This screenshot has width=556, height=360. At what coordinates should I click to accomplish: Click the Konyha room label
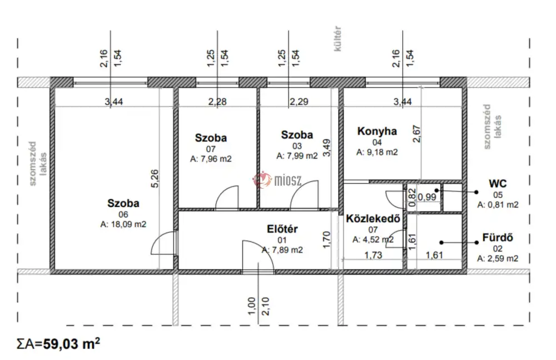tap(377, 131)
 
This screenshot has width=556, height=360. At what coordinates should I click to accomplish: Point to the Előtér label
tap(282, 229)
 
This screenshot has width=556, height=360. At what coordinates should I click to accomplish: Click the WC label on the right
tap(498, 184)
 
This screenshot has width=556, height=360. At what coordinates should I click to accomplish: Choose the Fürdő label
tap(498, 238)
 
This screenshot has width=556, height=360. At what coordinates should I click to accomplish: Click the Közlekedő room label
tap(373, 218)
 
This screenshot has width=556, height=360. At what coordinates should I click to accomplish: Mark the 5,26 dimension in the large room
tap(155, 179)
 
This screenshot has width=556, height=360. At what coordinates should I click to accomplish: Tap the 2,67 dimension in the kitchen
tap(416, 134)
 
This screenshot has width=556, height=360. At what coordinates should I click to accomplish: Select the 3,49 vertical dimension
tap(326, 148)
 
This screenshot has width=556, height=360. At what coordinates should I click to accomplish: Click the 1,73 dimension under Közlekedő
tap(373, 255)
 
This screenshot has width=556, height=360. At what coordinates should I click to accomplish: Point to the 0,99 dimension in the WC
tap(427, 196)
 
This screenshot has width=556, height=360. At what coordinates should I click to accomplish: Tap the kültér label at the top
tap(337, 39)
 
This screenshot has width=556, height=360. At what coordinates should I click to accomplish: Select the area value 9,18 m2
tap(377, 152)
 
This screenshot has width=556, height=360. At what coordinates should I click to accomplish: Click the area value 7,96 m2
tap(211, 159)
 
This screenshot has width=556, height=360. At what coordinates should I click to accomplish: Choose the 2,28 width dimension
tap(217, 102)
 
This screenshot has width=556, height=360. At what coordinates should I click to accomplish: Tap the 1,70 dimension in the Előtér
tap(326, 240)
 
